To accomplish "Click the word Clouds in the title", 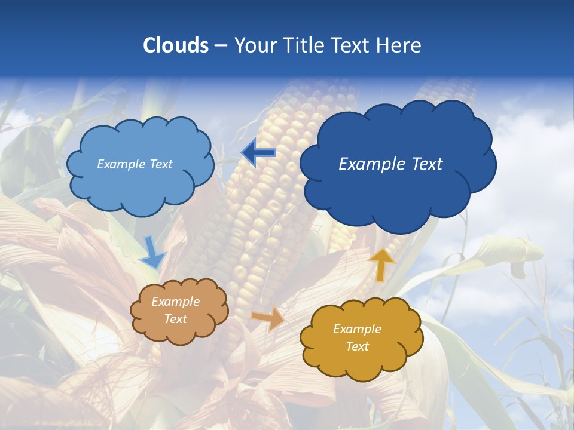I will click(176, 45).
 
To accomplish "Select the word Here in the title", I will click(399, 45).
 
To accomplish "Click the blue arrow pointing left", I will click(258, 153).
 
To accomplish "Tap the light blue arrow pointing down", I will click(152, 253).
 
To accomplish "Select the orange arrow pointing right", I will click(268, 318).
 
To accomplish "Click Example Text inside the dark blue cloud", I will click(390, 164).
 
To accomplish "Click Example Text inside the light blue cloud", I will click(135, 164).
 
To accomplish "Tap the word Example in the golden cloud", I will click(357, 329).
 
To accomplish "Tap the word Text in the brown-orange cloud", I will click(175, 319).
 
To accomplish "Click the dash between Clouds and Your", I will click(221, 45).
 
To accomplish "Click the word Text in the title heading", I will click(350, 45).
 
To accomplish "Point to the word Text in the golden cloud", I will click(357, 346).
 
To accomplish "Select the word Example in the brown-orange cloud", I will click(175, 302).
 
